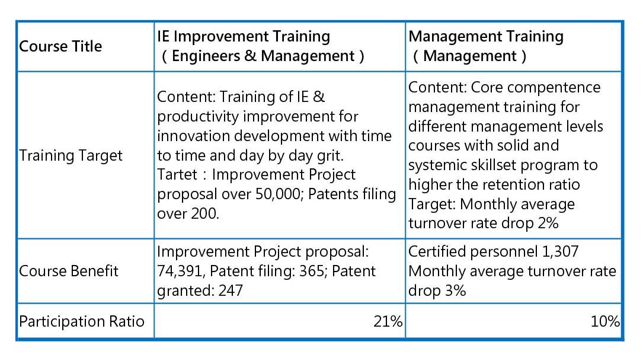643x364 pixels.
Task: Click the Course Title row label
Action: pyautogui.click(x=60, y=46)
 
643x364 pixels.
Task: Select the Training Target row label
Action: pyautogui.click(x=71, y=155)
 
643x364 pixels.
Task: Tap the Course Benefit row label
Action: pyautogui.click(x=69, y=271)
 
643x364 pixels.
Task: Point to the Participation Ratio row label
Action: pyautogui.click(x=82, y=321)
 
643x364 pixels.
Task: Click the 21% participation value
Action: pyautogui.click(x=388, y=321)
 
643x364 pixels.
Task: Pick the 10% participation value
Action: pyautogui.click(x=605, y=321)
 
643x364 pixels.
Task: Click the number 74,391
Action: pyautogui.click(x=179, y=272)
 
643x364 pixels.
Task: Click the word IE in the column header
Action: pyautogui.click(x=163, y=37)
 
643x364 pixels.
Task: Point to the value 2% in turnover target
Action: pyautogui.click(x=548, y=223)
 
